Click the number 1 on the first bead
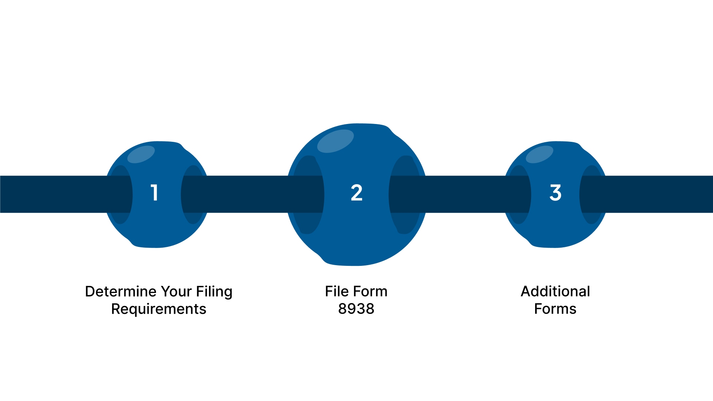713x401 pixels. tap(154, 193)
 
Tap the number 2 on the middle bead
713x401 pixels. tap(356, 193)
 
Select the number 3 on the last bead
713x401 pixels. tap(555, 193)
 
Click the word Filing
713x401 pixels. tap(214, 292)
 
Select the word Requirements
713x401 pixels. tap(159, 309)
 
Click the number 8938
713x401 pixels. tap(356, 309)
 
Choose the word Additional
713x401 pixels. tap(555, 291)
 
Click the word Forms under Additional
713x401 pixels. tap(555, 309)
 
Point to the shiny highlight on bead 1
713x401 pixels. tap(141, 154)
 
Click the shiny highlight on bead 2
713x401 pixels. tap(335, 141)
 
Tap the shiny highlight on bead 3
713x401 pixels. tap(540, 154)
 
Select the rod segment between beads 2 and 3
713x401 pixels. tap(464, 194)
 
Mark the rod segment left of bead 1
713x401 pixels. tap(52, 194)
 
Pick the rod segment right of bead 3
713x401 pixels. tap(661, 194)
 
